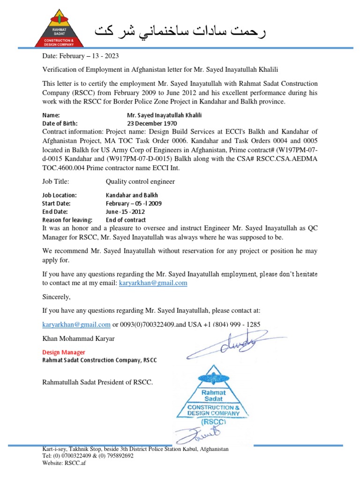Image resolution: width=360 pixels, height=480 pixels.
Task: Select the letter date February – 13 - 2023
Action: pyautogui.click(x=81, y=56)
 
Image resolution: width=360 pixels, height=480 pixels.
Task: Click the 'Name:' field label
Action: pyautogui.click(x=51, y=115)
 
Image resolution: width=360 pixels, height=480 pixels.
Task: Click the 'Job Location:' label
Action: pyautogui.click(x=60, y=195)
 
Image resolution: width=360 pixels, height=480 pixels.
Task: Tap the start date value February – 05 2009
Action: pyautogui.click(x=134, y=203)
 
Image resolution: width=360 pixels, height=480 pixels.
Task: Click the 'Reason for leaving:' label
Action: pyautogui.click(x=67, y=219)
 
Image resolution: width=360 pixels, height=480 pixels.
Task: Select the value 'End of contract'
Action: pyautogui.click(x=126, y=219)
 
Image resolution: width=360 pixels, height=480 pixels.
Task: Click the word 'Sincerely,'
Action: pyautogui.click(x=56, y=297)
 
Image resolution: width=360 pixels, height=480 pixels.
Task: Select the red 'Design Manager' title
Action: pyautogui.click(x=64, y=352)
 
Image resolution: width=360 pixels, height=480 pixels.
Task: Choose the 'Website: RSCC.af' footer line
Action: pyautogui.click(x=64, y=463)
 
